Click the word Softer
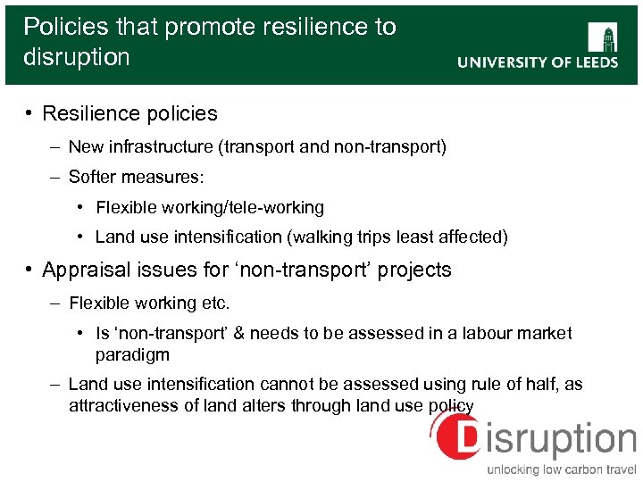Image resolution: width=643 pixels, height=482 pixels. click(x=93, y=177)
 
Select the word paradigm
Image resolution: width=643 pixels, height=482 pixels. click(x=132, y=354)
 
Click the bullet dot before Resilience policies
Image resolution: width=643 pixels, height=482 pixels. click(x=29, y=113)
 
